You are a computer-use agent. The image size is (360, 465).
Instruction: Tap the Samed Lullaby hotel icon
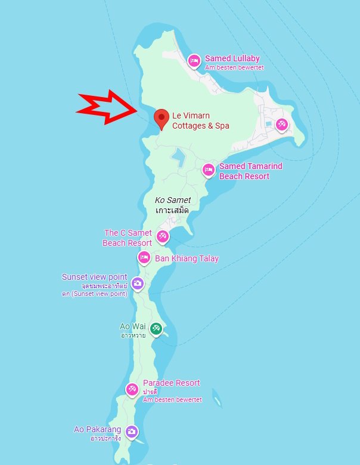[193, 60]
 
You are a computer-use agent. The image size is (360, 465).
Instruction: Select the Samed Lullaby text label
[232, 58]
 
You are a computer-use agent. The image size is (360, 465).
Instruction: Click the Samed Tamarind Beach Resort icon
[208, 170]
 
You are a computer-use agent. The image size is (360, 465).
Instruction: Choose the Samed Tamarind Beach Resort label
[250, 171]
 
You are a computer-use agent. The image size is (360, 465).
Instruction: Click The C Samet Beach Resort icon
[162, 237]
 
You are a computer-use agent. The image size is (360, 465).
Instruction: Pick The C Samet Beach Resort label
[128, 238]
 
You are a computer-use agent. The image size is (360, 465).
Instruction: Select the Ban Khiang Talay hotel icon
[144, 258]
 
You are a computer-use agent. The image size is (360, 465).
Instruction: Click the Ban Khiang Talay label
[187, 258]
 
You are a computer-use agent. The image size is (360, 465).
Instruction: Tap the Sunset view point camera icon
[138, 283]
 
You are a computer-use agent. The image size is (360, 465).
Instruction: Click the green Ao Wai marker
[156, 327]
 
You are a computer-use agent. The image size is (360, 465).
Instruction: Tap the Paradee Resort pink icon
[131, 389]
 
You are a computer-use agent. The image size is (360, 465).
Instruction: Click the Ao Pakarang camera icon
[132, 431]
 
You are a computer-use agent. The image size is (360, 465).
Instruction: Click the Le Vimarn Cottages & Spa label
[200, 121]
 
